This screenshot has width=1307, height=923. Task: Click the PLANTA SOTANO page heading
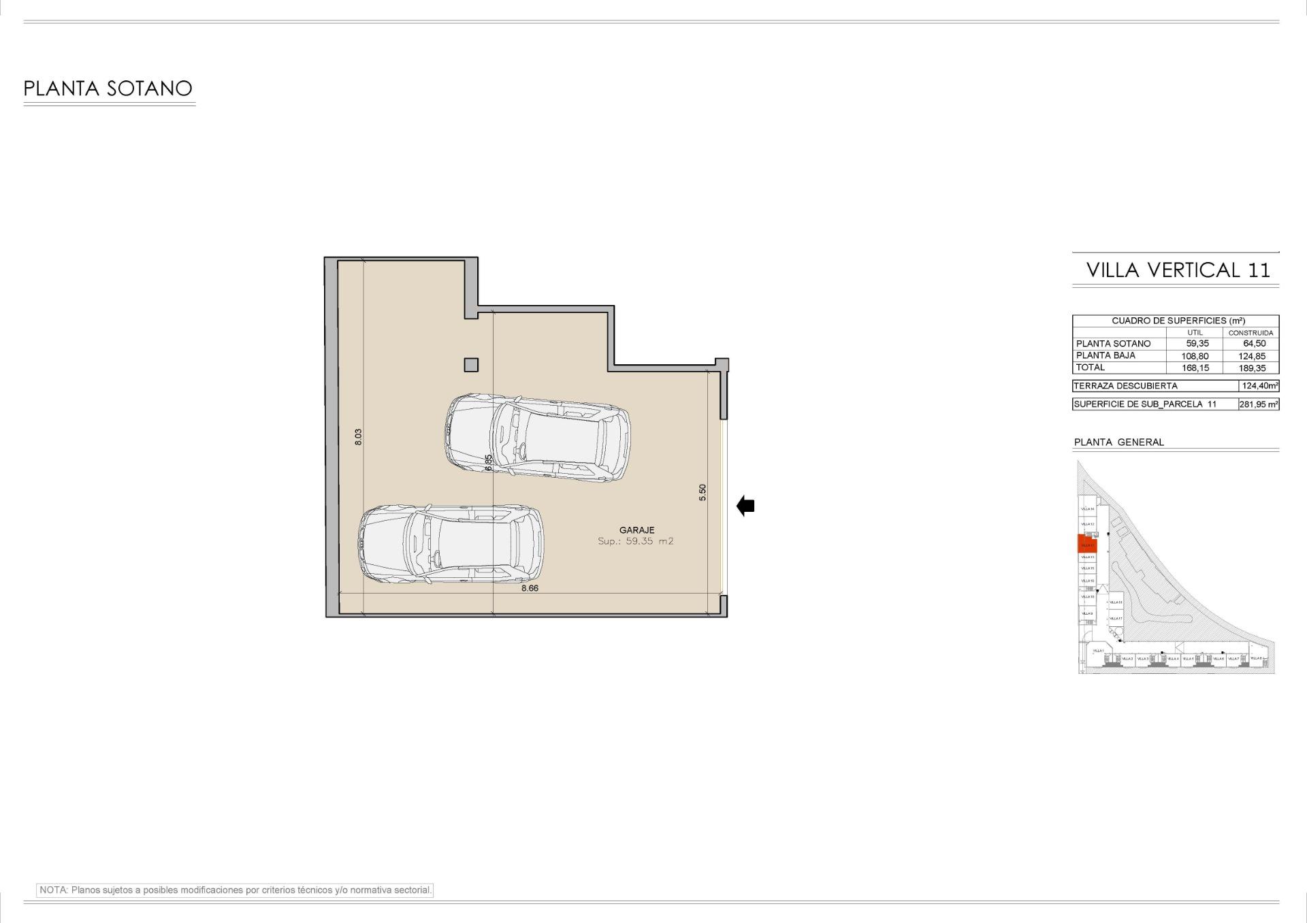click(108, 88)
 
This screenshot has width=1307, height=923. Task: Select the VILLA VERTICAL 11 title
click(1178, 270)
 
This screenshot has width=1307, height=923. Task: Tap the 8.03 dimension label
click(358, 436)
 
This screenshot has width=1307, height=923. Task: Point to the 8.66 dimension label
click(530, 588)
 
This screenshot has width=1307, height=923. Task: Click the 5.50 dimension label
click(703, 492)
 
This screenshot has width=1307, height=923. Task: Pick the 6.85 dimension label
click(488, 462)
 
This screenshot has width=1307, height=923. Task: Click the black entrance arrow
click(745, 506)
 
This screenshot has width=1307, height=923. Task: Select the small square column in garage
click(471, 365)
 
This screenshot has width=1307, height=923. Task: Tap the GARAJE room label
click(636, 530)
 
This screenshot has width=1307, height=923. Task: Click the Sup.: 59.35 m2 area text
click(635, 541)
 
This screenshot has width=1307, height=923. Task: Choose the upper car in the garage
click(537, 438)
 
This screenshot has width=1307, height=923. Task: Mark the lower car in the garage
click(451, 544)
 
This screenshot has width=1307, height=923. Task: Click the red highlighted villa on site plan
click(1087, 544)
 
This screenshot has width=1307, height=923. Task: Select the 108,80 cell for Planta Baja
click(1195, 356)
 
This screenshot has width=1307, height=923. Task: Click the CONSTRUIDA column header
click(1250, 333)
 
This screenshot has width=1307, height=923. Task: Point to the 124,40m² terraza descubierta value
click(1259, 386)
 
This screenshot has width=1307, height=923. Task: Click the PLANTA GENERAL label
click(1118, 442)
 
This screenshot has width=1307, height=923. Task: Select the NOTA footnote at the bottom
click(235, 890)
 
